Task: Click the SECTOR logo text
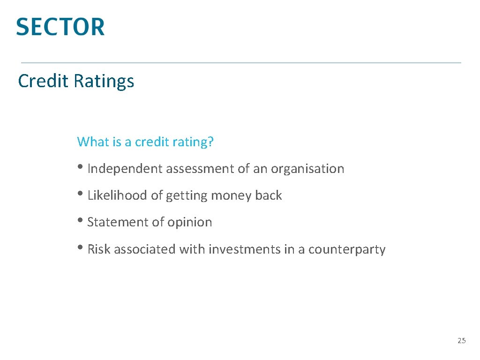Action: (x=60, y=27)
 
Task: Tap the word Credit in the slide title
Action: (x=43, y=81)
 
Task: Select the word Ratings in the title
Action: (x=104, y=82)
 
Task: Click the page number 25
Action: (x=462, y=341)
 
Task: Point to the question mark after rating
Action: (x=210, y=142)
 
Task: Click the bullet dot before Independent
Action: (x=81, y=167)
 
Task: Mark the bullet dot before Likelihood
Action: (x=81, y=194)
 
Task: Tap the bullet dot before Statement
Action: (x=81, y=221)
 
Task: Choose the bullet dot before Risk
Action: (x=81, y=248)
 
